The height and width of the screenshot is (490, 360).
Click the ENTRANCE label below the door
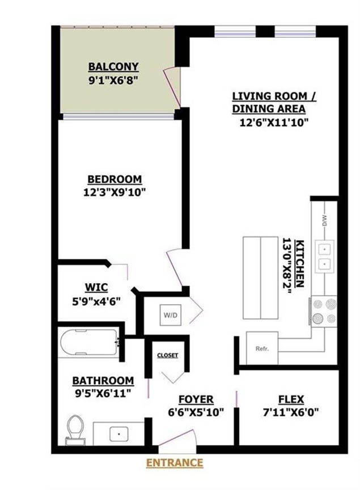coord(175,462)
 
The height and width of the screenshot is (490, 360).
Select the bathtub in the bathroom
coord(90,342)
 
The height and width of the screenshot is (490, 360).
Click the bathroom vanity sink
coord(119,434)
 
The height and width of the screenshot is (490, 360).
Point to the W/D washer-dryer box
coord(171,315)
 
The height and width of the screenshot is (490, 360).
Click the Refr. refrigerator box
coord(262,348)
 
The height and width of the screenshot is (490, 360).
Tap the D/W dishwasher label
coord(324,221)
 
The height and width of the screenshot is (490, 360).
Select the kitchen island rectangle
coord(261,278)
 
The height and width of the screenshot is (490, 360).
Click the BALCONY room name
coord(113,67)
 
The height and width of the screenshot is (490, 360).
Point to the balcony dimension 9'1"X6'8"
coord(113,80)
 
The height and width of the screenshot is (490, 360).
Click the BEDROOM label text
coord(115,180)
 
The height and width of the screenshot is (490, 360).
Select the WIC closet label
coord(96,287)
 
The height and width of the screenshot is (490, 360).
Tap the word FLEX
coord(291,399)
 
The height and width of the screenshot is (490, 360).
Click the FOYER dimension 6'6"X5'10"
coord(196,413)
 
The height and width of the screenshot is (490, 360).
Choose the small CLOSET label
coord(168,355)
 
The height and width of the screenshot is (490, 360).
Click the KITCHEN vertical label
coord(299,263)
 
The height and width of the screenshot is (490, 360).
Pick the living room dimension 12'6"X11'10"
coord(274,122)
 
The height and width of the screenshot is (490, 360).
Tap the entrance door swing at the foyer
coord(177,438)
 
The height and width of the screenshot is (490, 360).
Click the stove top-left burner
coord(318,304)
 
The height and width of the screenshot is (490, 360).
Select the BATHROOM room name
coord(103,381)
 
